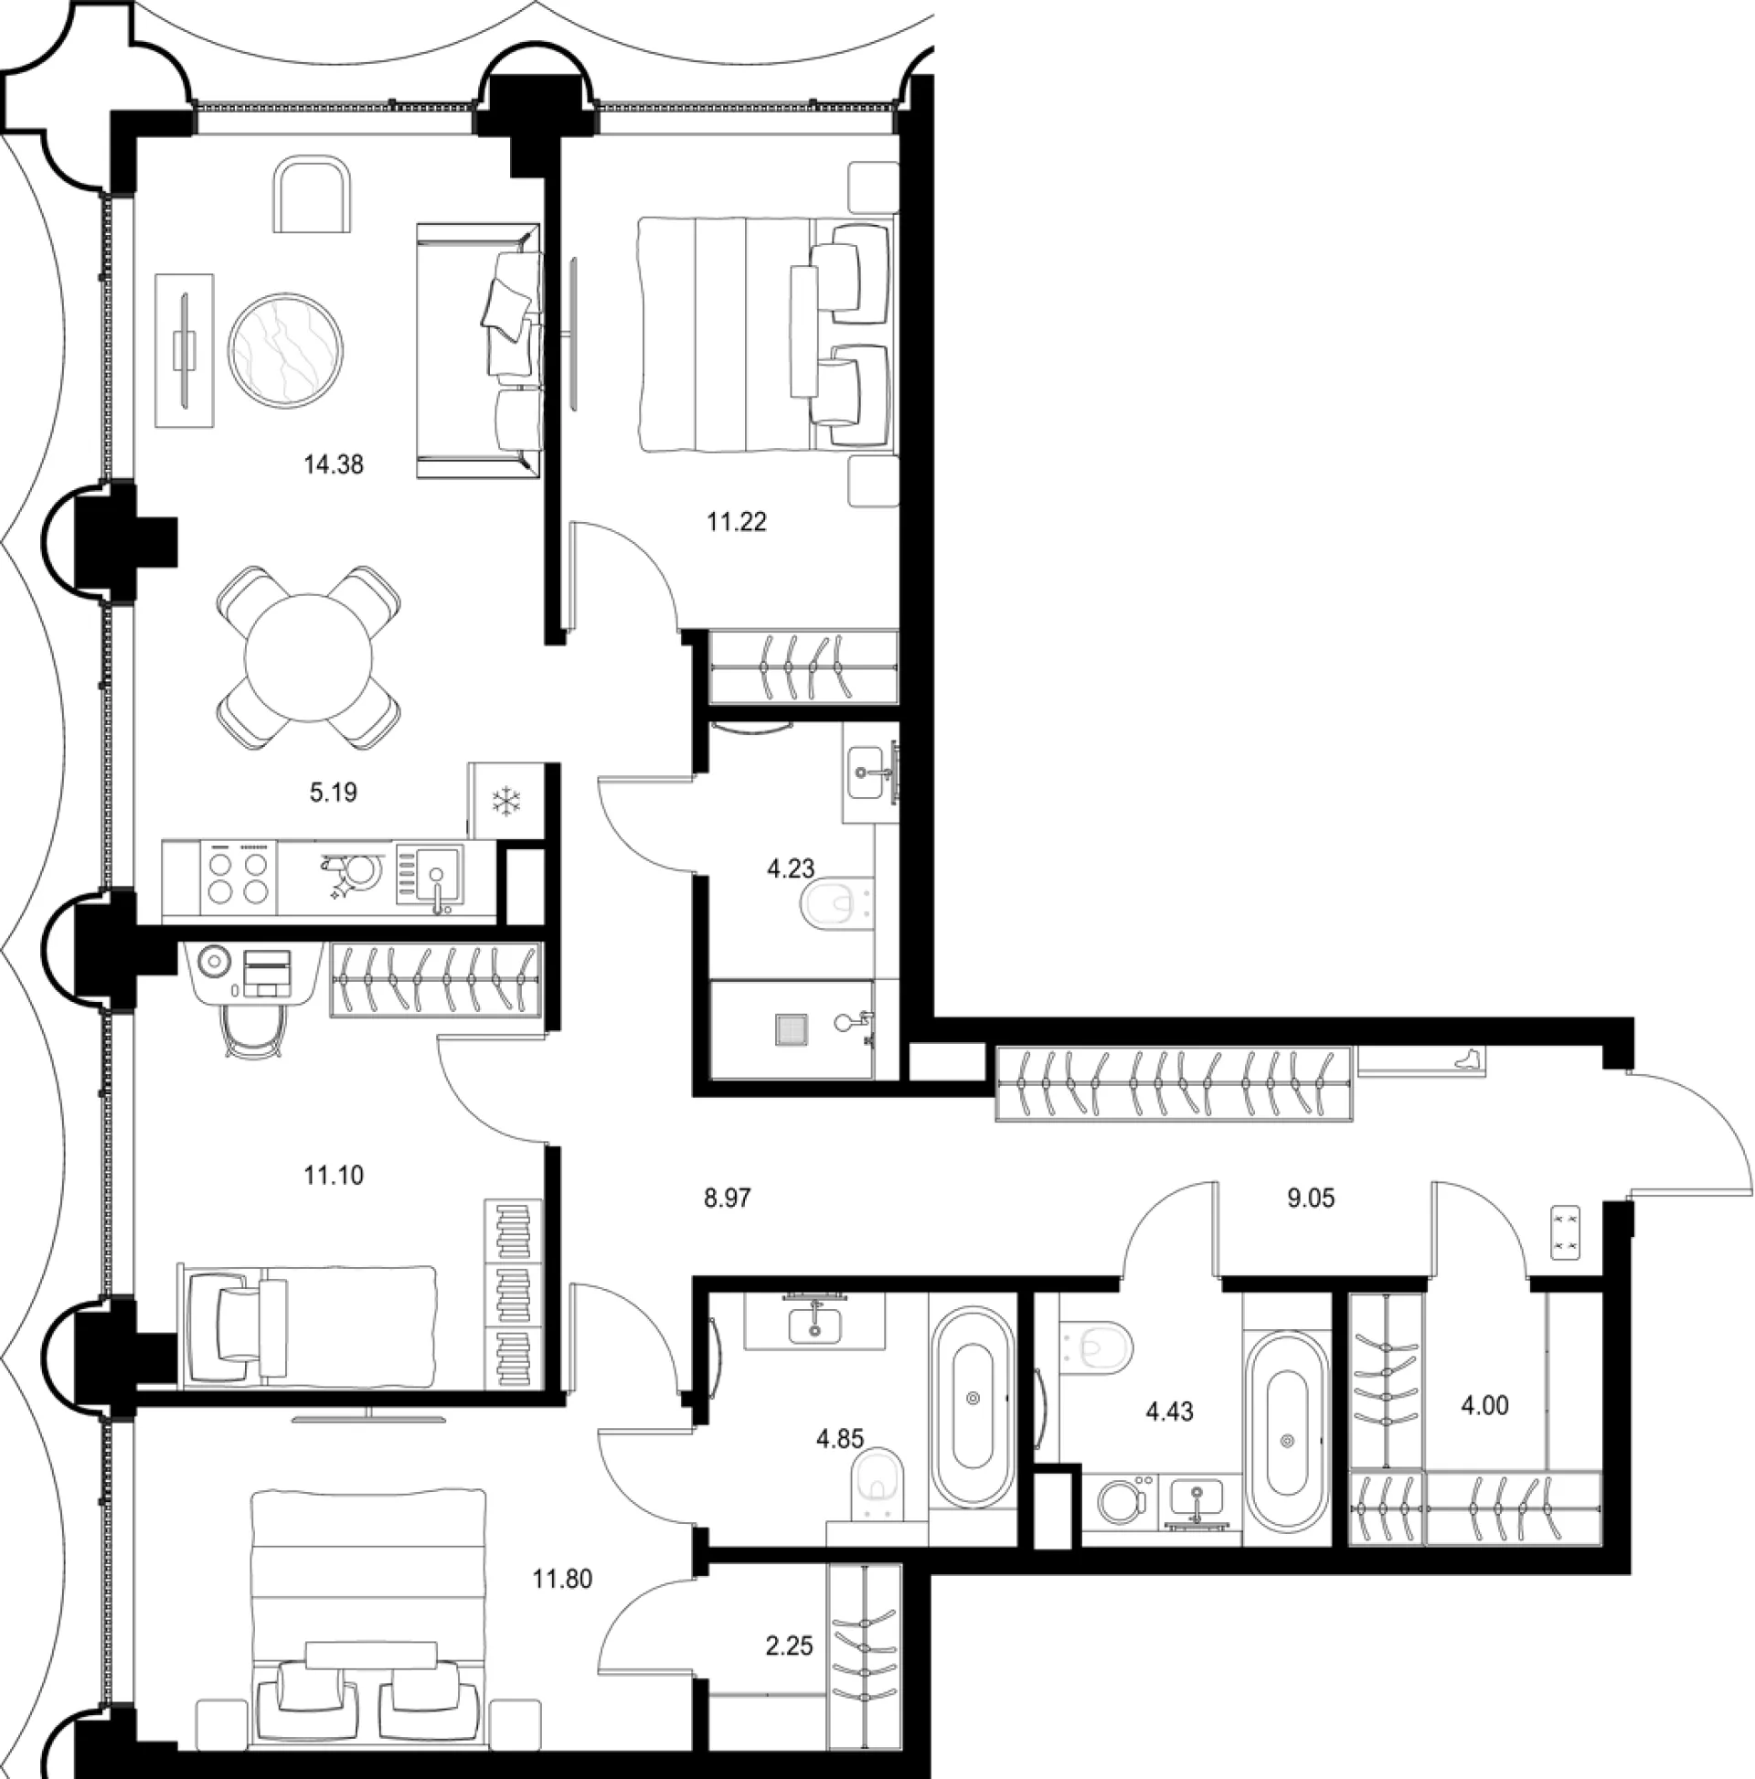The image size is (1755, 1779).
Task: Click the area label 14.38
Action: coord(334,465)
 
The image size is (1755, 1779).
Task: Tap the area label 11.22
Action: coord(736,522)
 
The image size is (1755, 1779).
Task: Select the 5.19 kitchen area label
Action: coord(334,792)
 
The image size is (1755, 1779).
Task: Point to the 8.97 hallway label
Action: coord(728,1198)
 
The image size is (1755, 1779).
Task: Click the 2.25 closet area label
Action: coord(789,1645)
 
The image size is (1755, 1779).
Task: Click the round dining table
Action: coord(308,657)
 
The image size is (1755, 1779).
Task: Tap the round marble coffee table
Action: coord(285,350)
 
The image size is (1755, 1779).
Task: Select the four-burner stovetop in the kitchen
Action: coord(238,878)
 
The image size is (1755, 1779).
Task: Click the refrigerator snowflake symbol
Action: coord(505,800)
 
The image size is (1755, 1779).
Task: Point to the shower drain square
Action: coord(792,1028)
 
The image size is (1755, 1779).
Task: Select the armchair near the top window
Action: coord(313,195)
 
